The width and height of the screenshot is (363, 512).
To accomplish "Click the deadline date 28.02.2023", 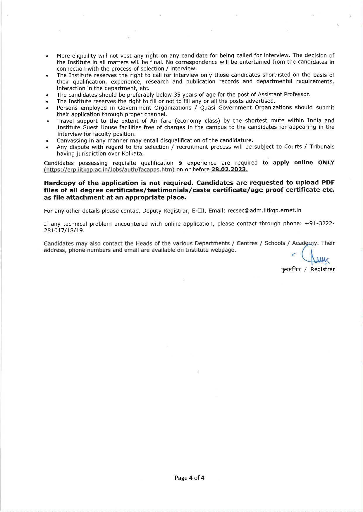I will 229,170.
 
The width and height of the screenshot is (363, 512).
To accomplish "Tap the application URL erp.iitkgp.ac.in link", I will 109,170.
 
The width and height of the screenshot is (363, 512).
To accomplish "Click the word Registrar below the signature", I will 323,269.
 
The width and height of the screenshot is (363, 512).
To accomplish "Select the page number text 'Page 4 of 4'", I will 189,478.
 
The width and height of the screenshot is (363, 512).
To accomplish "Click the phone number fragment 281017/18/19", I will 64,230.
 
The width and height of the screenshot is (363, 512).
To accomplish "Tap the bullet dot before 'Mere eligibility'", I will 47,56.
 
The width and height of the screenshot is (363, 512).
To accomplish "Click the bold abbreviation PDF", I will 328,183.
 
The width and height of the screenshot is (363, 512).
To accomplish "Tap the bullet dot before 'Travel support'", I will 47,121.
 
